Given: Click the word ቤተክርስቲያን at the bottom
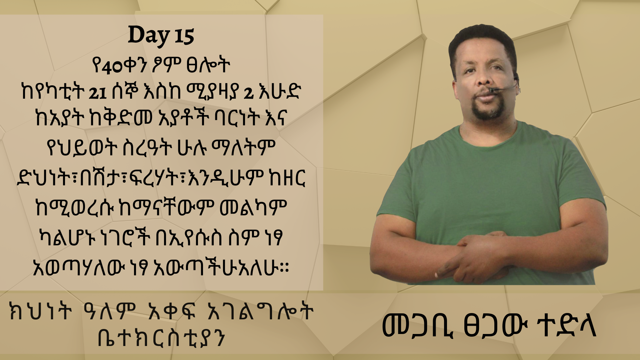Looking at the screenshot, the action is point(161,338).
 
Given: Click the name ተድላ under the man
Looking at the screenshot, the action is point(567,326).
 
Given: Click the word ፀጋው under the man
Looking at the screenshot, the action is point(495,326).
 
